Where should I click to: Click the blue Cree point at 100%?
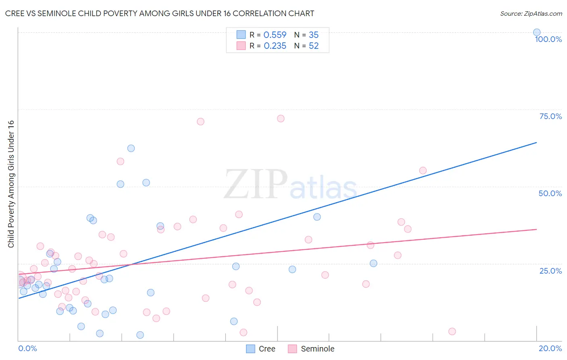click(536, 32)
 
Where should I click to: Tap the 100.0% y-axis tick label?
click(548, 39)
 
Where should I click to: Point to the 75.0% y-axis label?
click(550, 116)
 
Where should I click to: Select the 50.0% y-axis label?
click(550, 193)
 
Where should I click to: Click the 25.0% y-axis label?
click(550, 271)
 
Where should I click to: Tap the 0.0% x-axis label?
click(27, 348)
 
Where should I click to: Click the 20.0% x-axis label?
click(550, 348)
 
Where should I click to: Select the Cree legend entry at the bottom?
click(261, 349)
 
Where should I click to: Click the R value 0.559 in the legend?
click(275, 35)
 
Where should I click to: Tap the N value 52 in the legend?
click(313, 46)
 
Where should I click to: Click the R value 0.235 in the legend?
click(275, 46)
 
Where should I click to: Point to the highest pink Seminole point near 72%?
click(281, 119)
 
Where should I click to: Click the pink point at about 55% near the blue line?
click(423, 170)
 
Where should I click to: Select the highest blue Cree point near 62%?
click(131, 148)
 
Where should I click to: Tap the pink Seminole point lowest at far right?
click(452, 331)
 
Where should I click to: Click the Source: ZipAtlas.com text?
click(531, 14)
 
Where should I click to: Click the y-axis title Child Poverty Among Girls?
click(11, 184)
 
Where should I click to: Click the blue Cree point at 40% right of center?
click(317, 217)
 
